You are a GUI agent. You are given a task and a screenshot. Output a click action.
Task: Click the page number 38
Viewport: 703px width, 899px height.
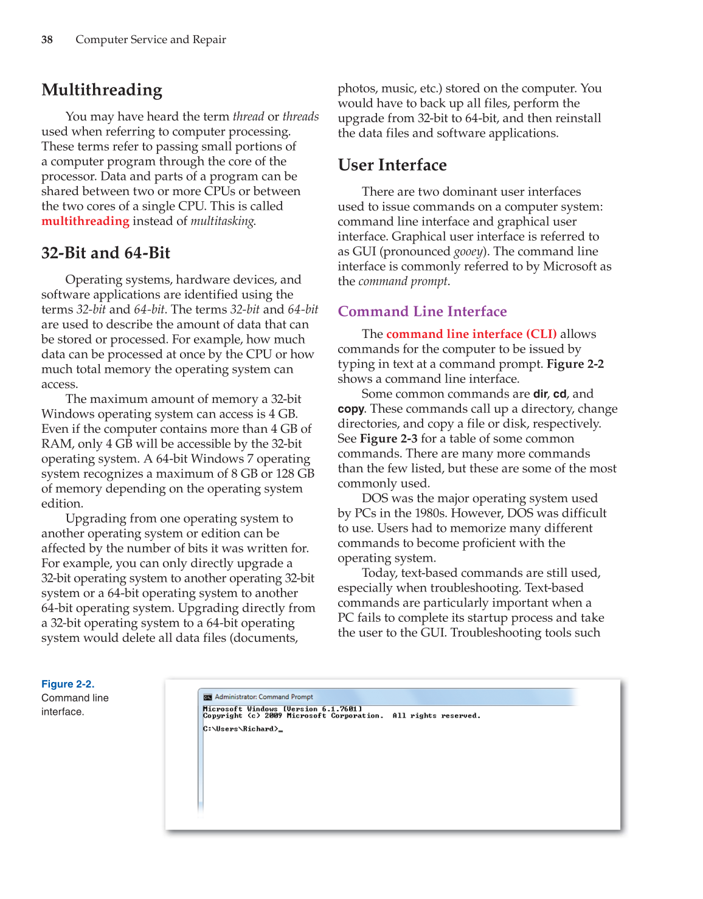[x=47, y=40]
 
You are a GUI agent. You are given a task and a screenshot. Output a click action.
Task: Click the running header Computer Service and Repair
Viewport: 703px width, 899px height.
[x=150, y=40]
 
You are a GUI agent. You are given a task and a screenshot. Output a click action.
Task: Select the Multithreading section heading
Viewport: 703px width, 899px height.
[x=102, y=90]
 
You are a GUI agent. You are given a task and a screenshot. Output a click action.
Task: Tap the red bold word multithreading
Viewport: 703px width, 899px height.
[x=85, y=221]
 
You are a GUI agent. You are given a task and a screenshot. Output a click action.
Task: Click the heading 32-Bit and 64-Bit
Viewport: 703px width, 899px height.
[x=106, y=253]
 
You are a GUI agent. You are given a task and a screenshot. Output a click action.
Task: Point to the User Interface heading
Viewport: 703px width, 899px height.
[x=392, y=165]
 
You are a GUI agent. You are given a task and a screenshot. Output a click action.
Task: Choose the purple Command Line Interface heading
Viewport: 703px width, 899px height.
[x=422, y=312]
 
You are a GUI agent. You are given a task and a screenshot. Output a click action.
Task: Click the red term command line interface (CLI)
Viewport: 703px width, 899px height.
[x=471, y=334]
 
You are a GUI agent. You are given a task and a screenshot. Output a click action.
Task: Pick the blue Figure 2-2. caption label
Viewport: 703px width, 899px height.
[x=68, y=684]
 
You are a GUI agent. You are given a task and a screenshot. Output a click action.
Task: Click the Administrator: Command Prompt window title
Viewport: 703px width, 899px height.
[x=264, y=697]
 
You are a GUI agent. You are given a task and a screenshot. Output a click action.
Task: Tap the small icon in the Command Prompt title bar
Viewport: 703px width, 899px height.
[x=207, y=697]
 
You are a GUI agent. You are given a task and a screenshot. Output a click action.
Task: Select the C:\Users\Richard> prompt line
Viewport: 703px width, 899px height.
[x=242, y=729]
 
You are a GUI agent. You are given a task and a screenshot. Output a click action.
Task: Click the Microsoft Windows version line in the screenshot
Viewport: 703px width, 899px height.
[x=282, y=709]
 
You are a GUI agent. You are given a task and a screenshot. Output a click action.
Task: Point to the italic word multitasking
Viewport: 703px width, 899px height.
[x=223, y=221]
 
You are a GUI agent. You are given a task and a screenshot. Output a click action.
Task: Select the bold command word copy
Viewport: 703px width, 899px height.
[x=350, y=409]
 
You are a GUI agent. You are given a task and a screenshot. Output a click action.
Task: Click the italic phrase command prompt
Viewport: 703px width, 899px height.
[x=403, y=281]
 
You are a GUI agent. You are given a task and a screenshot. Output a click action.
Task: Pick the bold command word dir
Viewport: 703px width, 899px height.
[x=540, y=394]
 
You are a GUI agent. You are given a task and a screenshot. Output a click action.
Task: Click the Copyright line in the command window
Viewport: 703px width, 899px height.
[x=341, y=716]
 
